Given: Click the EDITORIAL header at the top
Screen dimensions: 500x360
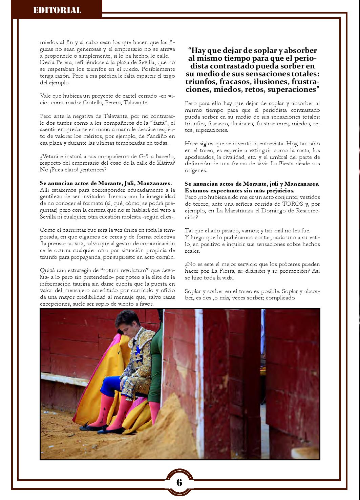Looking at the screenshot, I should tap(57, 10).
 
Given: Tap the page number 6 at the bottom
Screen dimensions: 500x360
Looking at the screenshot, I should tap(179, 482).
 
